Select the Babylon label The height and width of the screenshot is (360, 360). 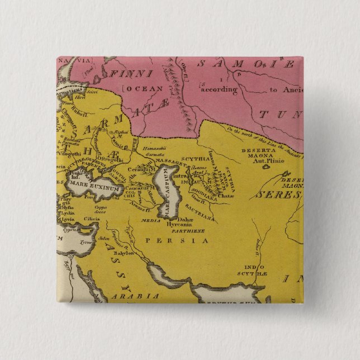click(124, 253)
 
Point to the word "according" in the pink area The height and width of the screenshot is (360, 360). click(219, 88)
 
